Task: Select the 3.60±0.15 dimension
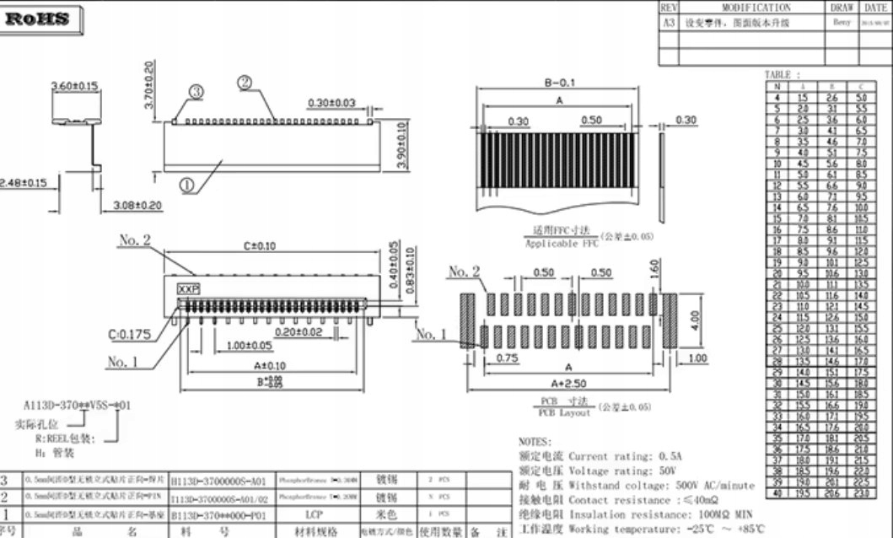(75, 85)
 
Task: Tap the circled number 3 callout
(196, 91)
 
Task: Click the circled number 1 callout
(187, 183)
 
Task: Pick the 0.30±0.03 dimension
(331, 103)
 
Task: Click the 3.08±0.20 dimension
(137, 205)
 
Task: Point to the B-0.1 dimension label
(560, 83)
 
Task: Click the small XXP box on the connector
(187, 288)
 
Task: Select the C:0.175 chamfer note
(130, 335)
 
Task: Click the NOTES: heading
(536, 441)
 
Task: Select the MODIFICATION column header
(744, 8)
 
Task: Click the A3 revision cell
(669, 23)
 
